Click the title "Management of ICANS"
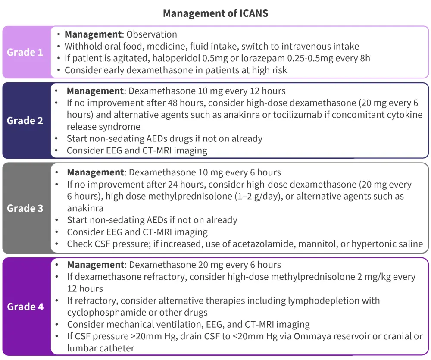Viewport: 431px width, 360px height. [x=215, y=13]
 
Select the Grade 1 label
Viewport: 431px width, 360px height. [x=25, y=53]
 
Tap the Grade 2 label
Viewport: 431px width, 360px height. [x=25, y=120]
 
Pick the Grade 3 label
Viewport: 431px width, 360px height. [x=25, y=208]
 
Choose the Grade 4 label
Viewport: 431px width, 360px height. [x=25, y=307]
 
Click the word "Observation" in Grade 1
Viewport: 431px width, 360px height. [x=152, y=34]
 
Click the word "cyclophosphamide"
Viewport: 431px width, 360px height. [x=109, y=312]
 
